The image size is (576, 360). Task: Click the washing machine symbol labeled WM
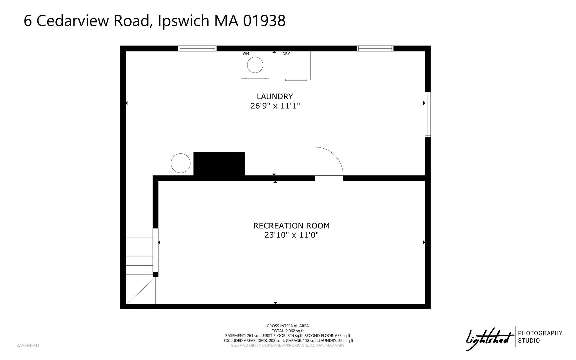[x=255, y=65]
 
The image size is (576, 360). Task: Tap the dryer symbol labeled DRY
[x=296, y=66]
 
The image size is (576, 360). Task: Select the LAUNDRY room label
[x=275, y=97]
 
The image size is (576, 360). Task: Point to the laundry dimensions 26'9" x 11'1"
[x=275, y=106]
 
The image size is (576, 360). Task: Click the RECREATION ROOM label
[x=291, y=226]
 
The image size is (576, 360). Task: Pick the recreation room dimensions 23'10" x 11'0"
[x=292, y=235]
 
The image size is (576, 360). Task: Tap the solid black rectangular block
[x=219, y=164]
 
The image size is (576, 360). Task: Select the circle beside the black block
[x=181, y=163]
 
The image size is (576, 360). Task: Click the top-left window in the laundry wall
[x=197, y=48]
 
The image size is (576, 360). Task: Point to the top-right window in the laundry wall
[x=375, y=48]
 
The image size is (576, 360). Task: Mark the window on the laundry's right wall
[x=427, y=115]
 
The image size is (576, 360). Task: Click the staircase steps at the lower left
[x=139, y=256]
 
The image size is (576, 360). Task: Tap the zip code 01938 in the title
[x=264, y=21]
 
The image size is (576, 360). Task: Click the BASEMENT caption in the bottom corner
[x=28, y=345]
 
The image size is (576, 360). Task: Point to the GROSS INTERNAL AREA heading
[x=288, y=326]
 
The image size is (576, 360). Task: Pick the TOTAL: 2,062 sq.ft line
[x=288, y=331]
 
